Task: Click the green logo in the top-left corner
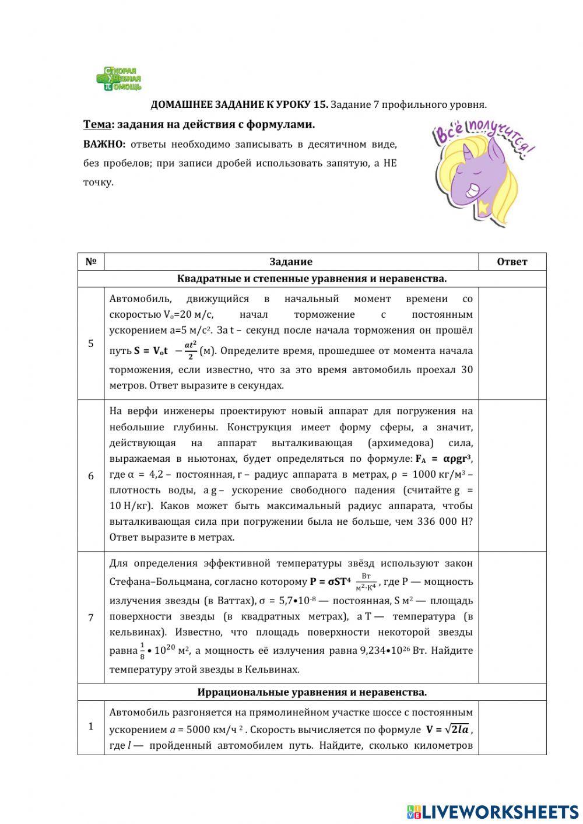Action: [x=119, y=79]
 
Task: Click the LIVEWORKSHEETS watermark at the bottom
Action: [x=493, y=811]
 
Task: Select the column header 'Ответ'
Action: [x=512, y=262]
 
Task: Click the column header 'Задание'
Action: [x=291, y=262]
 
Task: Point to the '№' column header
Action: [x=91, y=262]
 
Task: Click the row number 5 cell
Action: [x=91, y=343]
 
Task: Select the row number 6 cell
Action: [x=91, y=476]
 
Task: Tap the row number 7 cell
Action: [x=91, y=617]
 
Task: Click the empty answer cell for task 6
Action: [x=512, y=476]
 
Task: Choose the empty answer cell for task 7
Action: [x=512, y=617]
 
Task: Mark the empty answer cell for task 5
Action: [x=512, y=343]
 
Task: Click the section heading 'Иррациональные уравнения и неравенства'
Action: [x=312, y=692]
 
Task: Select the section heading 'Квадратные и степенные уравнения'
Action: [x=312, y=279]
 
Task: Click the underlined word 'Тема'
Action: [x=96, y=124]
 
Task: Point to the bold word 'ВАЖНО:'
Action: [x=104, y=145]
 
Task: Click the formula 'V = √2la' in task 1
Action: [x=448, y=730]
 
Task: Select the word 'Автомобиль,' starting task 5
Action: [x=141, y=299]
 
